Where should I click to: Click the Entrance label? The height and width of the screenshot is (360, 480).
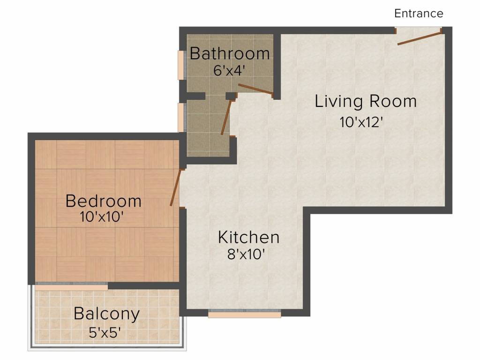419,13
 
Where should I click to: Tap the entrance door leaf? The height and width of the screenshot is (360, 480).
420,38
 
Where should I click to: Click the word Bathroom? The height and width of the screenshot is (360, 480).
230,53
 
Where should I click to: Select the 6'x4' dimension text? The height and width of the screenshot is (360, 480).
230,71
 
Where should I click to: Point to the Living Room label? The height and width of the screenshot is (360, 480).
365,101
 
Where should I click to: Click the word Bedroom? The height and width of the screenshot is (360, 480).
103,201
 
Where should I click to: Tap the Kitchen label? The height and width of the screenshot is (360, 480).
248,237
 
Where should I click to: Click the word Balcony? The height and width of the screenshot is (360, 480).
106,314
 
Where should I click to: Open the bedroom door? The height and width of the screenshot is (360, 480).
175,187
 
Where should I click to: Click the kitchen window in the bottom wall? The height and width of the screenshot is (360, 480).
244,314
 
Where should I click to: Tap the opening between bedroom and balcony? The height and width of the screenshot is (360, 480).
71,286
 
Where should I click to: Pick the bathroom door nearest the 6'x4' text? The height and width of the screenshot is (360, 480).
255,90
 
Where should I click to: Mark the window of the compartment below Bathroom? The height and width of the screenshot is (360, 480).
180,117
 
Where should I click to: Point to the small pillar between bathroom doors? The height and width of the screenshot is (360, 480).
230,96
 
